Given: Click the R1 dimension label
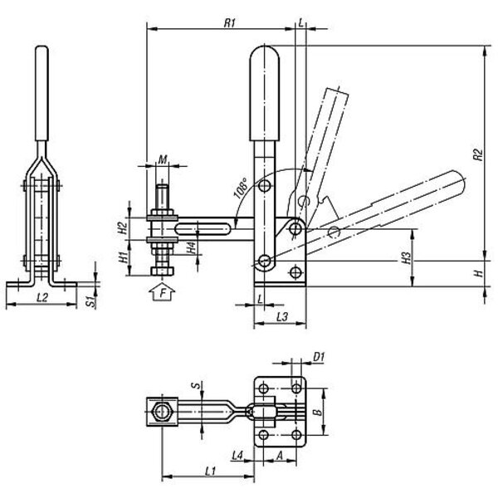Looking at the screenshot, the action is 229,23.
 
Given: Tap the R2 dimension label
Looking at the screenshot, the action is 477,154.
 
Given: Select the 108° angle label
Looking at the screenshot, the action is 241,188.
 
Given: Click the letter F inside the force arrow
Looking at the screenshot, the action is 163,292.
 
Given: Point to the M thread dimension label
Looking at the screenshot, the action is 163,159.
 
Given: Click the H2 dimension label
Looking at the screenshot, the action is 123,227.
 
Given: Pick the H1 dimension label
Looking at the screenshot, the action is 123,256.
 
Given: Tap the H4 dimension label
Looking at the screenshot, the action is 191,247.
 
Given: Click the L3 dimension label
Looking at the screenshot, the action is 282,316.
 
